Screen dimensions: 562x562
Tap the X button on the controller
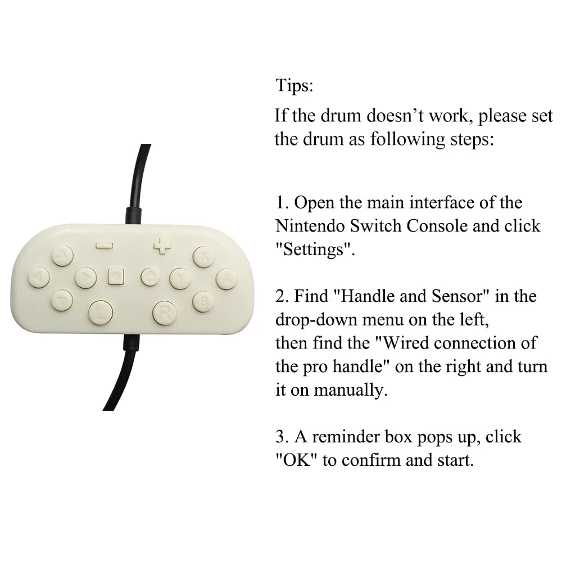click(x=204, y=257)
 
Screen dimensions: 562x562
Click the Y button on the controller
click(x=180, y=279)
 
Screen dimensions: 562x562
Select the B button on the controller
click(x=203, y=301)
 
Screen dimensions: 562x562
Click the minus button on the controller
click(x=105, y=246)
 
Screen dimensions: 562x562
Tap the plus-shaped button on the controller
click(x=162, y=246)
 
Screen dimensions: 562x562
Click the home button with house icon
click(x=150, y=277)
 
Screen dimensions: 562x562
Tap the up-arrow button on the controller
click(x=62, y=255)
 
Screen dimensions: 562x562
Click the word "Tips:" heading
click(x=294, y=85)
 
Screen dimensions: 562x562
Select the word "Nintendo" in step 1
click(x=310, y=226)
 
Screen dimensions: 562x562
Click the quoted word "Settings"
click(x=315, y=249)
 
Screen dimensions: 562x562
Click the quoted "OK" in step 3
click(x=297, y=460)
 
